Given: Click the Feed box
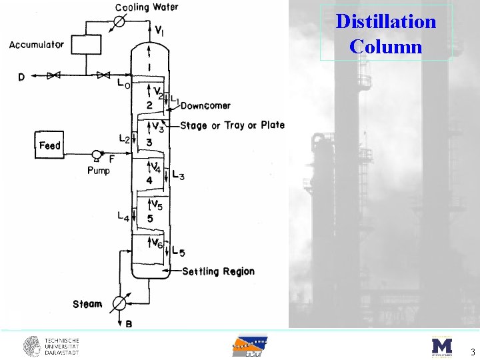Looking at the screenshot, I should click(50, 145).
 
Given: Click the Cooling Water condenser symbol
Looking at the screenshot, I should click(119, 21).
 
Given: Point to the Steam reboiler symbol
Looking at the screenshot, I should click(119, 303).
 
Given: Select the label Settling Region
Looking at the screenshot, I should click(218, 271).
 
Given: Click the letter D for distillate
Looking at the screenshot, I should click(21, 77).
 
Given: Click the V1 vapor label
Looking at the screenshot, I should click(161, 30).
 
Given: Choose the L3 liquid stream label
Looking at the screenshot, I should click(178, 175).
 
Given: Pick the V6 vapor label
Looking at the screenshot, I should click(157, 244).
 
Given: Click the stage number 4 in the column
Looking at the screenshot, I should click(149, 180).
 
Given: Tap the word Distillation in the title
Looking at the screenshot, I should click(386, 21).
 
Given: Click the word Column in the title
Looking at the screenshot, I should click(385, 47).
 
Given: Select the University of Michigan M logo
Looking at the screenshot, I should click(441, 346).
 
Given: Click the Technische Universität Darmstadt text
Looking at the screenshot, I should click(62, 346).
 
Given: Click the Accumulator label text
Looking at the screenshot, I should click(37, 45).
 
